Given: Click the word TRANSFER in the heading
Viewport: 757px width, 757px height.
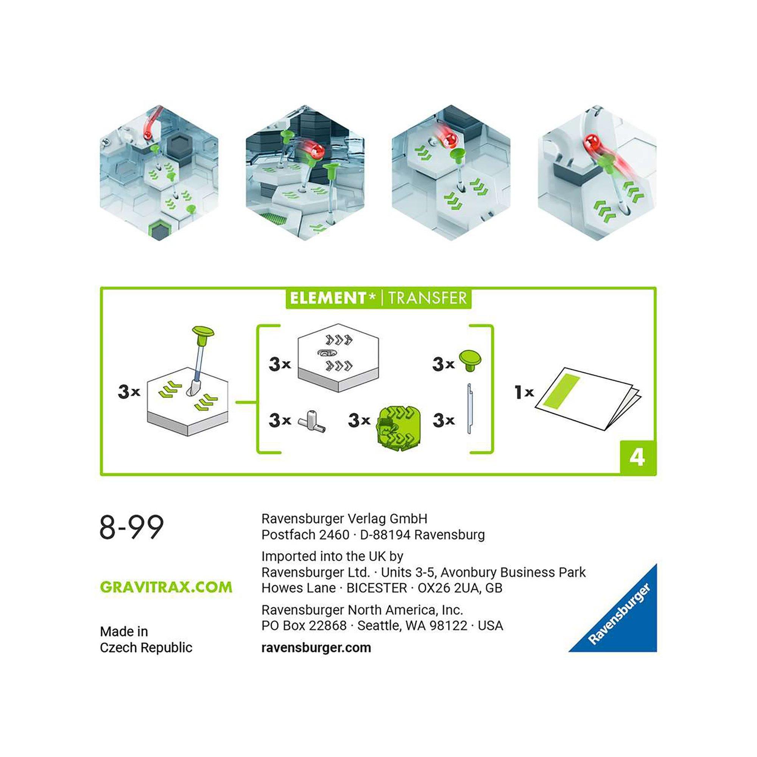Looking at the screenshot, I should pos(427,298).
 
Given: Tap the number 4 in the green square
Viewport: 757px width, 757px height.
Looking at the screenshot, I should pos(637,457).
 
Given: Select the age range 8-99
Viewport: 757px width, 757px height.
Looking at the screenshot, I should pos(132,528).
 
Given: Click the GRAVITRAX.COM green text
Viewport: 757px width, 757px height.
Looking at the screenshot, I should pos(166,587).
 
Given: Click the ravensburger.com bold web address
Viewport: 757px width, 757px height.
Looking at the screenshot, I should pos(316,647).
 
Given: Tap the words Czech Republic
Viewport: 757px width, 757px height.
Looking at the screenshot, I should pos(146,647).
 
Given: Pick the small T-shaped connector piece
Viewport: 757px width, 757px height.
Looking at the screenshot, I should pos(312,421).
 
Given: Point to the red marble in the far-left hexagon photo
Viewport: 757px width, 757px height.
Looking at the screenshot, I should pos(148,136).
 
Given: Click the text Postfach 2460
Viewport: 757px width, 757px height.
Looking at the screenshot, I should pos(305,534).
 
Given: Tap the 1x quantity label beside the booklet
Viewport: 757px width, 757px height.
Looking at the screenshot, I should pos(523,392).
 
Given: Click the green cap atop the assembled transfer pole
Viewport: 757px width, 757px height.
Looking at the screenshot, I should pos(203,334).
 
